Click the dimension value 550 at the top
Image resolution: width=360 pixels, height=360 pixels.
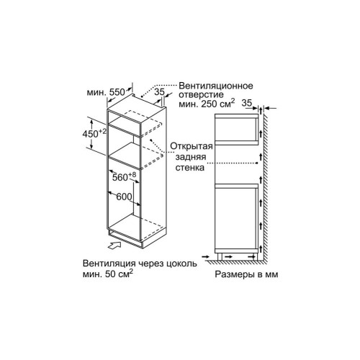click(117, 92)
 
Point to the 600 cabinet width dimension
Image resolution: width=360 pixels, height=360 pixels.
click(124, 197)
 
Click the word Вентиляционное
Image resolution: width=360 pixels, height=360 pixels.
click(216, 86)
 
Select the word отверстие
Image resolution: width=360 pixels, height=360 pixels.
click(201, 94)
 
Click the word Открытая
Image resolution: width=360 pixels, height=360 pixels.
click(192, 146)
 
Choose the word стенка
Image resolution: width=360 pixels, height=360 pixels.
click(190, 168)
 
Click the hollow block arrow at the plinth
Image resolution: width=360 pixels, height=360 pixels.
click(114, 246)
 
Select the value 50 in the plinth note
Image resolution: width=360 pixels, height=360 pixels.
click(110, 274)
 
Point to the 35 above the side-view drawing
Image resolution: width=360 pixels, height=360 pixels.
click(247, 103)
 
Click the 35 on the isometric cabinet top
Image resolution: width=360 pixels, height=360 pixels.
click(159, 91)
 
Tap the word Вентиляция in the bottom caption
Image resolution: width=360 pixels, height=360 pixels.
click(109, 264)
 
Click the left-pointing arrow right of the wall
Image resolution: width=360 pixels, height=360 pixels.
click(270, 109)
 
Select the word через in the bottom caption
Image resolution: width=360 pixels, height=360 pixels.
click(151, 264)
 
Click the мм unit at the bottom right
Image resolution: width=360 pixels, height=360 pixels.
click(271, 275)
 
